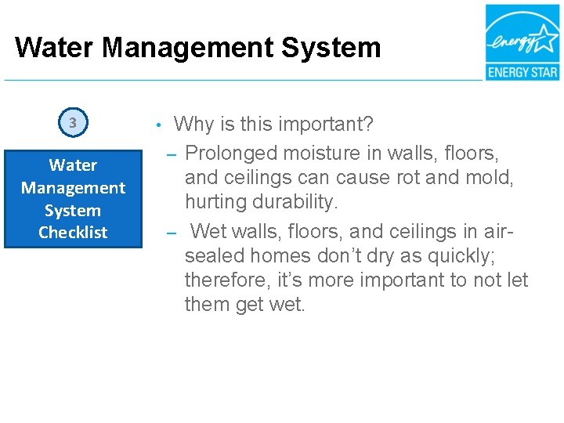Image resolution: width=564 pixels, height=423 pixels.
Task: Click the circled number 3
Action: (73, 123)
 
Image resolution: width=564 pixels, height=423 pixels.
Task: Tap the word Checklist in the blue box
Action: (73, 233)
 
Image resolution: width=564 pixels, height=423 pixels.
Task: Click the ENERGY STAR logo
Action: (522, 42)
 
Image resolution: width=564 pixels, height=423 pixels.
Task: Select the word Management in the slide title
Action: (187, 48)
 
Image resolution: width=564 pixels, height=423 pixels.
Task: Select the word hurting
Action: (215, 202)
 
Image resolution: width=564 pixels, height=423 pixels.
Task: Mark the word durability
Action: (295, 202)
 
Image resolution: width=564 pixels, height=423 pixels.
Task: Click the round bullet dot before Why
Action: (158, 125)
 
